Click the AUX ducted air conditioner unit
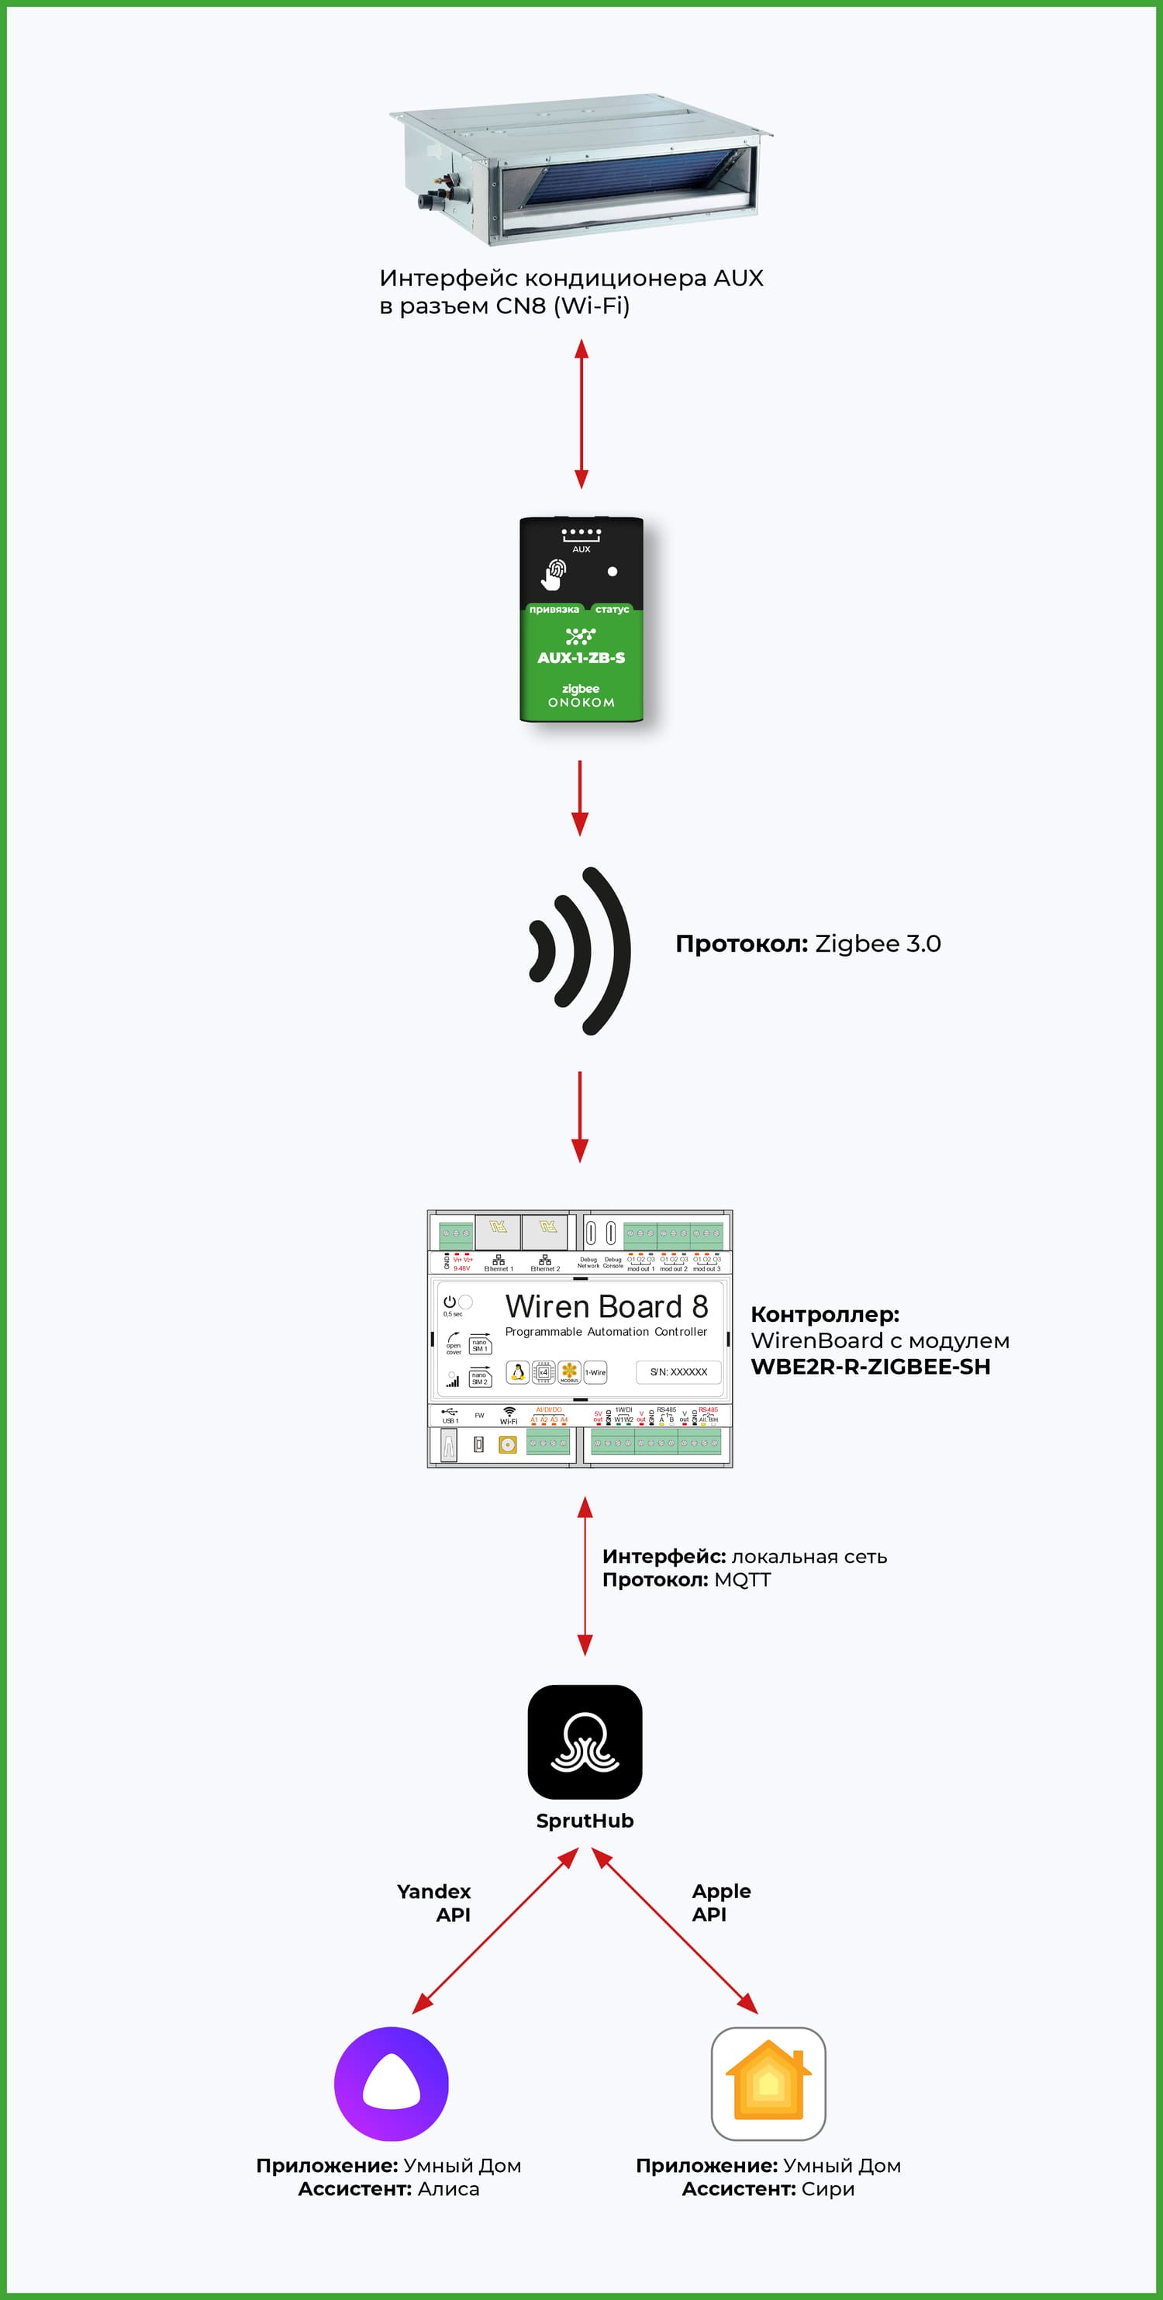[x=581, y=170]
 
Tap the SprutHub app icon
[x=585, y=1742]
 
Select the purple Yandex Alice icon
[x=391, y=2083]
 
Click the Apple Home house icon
[x=768, y=2083]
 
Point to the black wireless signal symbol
[x=581, y=950]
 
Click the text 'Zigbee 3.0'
[x=878, y=944]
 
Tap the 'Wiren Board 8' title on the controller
[x=606, y=1306]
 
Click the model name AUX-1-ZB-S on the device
[x=581, y=658]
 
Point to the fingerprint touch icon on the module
[x=554, y=573]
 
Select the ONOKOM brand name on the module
[x=581, y=703]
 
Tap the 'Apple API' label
[x=720, y=1903]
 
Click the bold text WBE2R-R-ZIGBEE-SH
[x=870, y=1366]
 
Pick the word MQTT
[x=742, y=1579]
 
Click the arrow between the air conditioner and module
[x=581, y=413]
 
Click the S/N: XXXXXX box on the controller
[x=678, y=1371]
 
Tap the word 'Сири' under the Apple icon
[x=827, y=2188]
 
